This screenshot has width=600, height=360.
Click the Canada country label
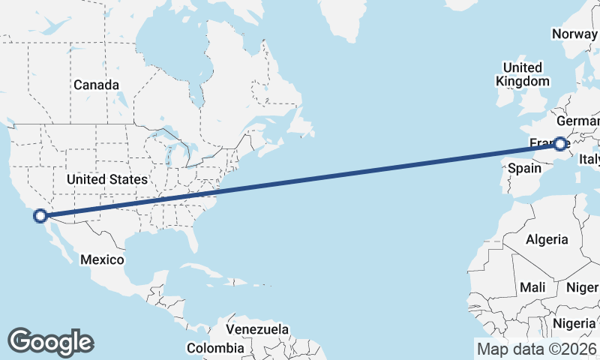(x=96, y=85)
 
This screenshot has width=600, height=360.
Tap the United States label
(x=107, y=180)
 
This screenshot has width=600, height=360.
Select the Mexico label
(x=101, y=259)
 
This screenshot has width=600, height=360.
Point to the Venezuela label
(x=257, y=330)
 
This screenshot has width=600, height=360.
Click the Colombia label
(x=215, y=348)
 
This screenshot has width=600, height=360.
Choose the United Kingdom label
(x=523, y=74)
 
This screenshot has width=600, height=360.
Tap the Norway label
(x=574, y=34)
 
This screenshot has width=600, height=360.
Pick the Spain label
(x=524, y=169)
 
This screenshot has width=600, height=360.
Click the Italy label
(x=589, y=159)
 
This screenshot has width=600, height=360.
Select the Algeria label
(x=547, y=240)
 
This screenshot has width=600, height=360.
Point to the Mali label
(x=532, y=287)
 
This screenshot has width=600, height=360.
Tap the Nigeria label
(x=574, y=323)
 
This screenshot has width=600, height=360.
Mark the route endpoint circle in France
(x=560, y=143)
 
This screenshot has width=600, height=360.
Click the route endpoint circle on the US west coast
(x=40, y=216)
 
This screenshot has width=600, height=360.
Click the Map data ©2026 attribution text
(x=537, y=349)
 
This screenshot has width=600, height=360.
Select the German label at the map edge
(x=578, y=121)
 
